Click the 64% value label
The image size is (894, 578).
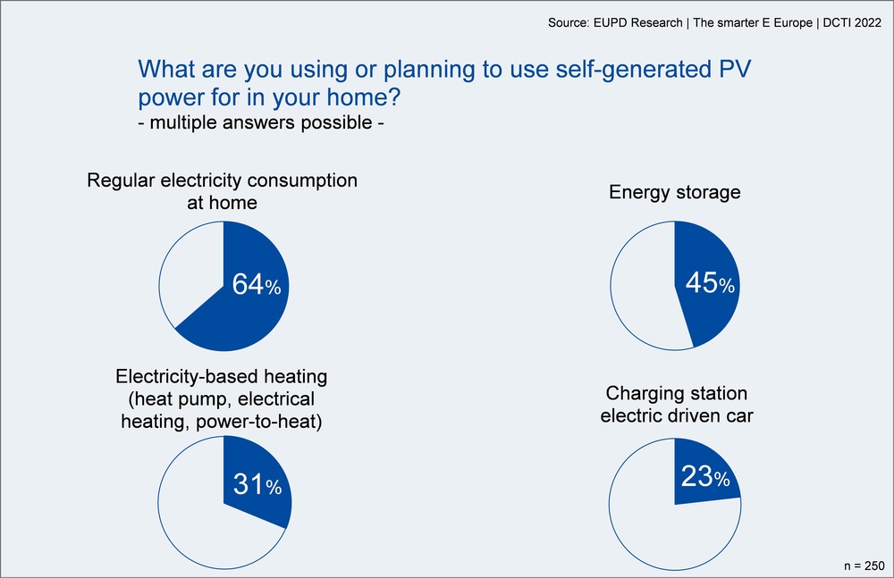tap(257, 284)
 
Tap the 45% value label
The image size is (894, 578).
tap(710, 282)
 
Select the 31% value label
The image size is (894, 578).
tap(257, 484)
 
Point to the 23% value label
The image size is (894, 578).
tap(705, 476)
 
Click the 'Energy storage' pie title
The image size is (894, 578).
tap(674, 192)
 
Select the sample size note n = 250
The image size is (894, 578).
tap(864, 565)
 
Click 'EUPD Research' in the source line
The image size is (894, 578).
tap(638, 23)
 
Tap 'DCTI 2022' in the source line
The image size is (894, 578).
tap(852, 23)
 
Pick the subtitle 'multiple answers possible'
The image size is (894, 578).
tap(261, 122)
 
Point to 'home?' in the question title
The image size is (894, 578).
tap(364, 96)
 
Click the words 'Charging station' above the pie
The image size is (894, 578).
tap(676, 393)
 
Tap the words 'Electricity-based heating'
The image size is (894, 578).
tap(221, 376)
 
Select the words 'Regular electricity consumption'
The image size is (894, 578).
tap(222, 180)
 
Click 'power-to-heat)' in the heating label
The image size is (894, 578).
tap(259, 422)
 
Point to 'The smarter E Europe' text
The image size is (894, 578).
tap(753, 23)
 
